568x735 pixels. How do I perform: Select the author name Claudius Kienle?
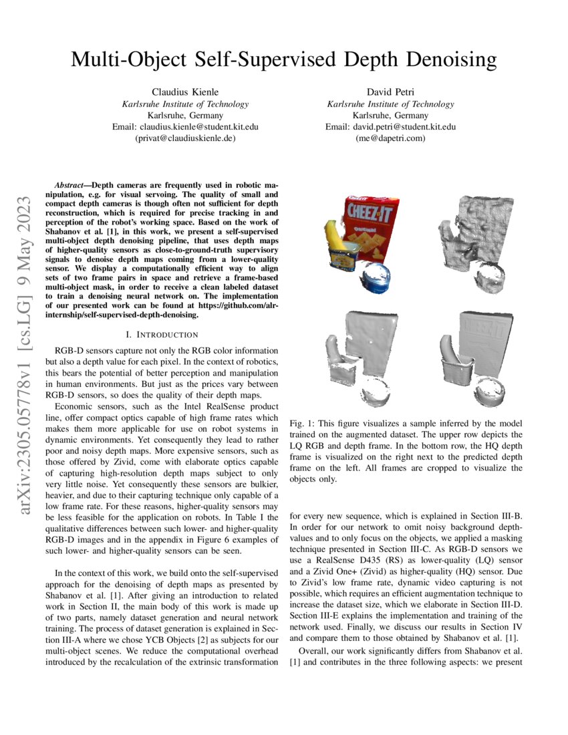click(185, 92)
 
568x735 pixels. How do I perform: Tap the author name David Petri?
click(390, 92)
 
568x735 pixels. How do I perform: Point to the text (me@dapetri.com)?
click(390, 138)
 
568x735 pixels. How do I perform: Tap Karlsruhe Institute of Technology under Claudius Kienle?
click(185, 104)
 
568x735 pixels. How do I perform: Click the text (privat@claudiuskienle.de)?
click(185, 138)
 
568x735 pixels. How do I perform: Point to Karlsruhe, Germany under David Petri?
click(390, 115)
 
